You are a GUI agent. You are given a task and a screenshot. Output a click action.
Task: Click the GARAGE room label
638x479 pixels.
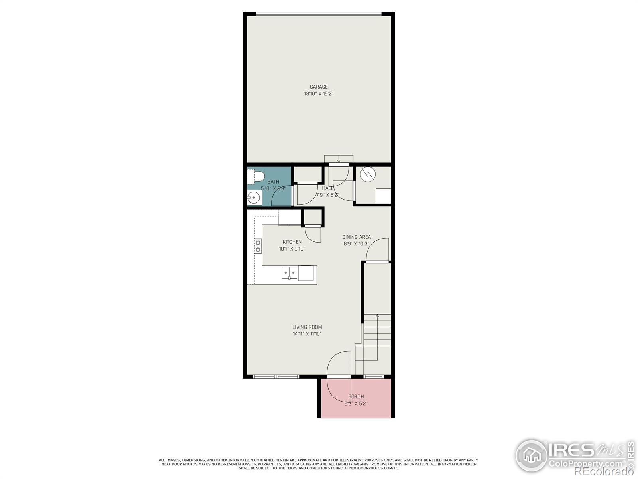click(x=319, y=87)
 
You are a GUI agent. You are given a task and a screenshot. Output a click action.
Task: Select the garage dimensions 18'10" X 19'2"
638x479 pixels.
click(x=319, y=94)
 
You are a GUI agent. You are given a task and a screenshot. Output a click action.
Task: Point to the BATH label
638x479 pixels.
click(x=273, y=182)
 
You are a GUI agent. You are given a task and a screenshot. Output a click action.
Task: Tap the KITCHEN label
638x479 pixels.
click(x=292, y=242)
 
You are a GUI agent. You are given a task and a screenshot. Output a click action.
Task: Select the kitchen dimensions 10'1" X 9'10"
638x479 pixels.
click(x=292, y=249)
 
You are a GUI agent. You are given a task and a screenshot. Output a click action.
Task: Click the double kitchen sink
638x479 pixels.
click(x=289, y=273)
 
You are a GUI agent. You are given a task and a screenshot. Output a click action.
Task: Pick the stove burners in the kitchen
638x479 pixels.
click(x=258, y=246)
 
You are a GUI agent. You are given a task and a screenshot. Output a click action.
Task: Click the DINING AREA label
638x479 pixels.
click(x=356, y=237)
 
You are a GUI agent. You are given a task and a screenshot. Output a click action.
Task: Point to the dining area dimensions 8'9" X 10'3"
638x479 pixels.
click(x=356, y=243)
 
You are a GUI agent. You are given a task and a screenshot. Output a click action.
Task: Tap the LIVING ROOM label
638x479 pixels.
click(x=307, y=327)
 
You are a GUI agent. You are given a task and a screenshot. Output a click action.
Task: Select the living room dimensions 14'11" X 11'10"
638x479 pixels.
click(x=307, y=334)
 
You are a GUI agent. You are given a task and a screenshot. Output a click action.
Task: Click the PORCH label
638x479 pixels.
click(x=356, y=396)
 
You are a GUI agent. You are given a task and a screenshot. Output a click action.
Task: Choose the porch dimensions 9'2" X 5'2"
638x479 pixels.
click(x=356, y=403)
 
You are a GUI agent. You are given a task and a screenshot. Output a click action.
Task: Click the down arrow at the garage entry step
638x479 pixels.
click(x=339, y=160)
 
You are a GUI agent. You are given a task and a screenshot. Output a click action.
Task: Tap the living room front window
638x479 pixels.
click(x=276, y=376)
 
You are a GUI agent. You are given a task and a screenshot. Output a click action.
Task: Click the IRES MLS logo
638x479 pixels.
click(x=574, y=455)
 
